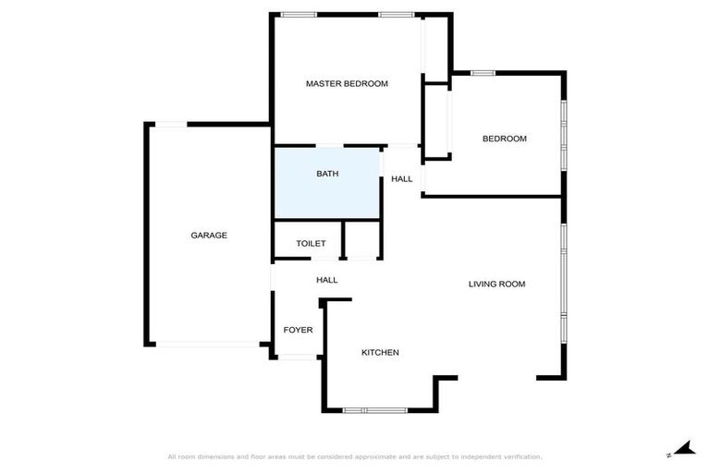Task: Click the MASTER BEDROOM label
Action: [347, 83]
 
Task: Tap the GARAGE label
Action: [209, 236]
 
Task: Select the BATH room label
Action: [327, 174]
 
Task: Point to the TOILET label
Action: [311, 244]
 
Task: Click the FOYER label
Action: [298, 330]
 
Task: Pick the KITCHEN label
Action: [380, 353]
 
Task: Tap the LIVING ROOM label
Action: [496, 285]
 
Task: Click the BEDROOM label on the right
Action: [505, 139]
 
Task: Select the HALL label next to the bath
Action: [401, 179]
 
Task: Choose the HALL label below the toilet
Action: [326, 280]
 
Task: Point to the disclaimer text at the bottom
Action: [355, 456]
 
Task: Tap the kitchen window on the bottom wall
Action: [375, 409]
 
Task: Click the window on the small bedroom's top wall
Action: [484, 73]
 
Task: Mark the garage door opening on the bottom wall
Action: [208, 345]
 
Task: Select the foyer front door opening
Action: [298, 356]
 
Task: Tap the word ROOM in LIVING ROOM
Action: [512, 285]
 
